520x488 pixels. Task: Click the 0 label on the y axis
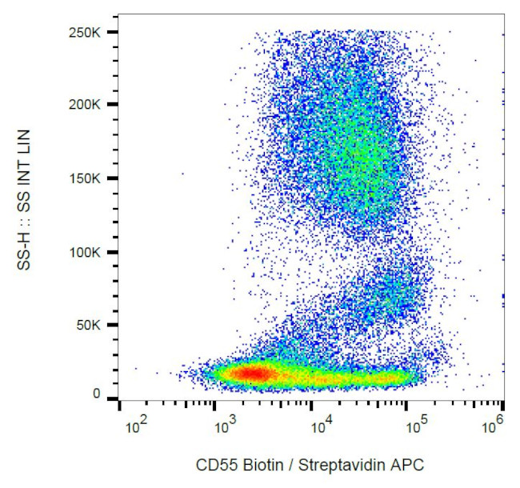(96, 394)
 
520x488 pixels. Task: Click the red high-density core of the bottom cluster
(252, 373)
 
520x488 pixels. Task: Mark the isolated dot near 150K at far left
(182, 173)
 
